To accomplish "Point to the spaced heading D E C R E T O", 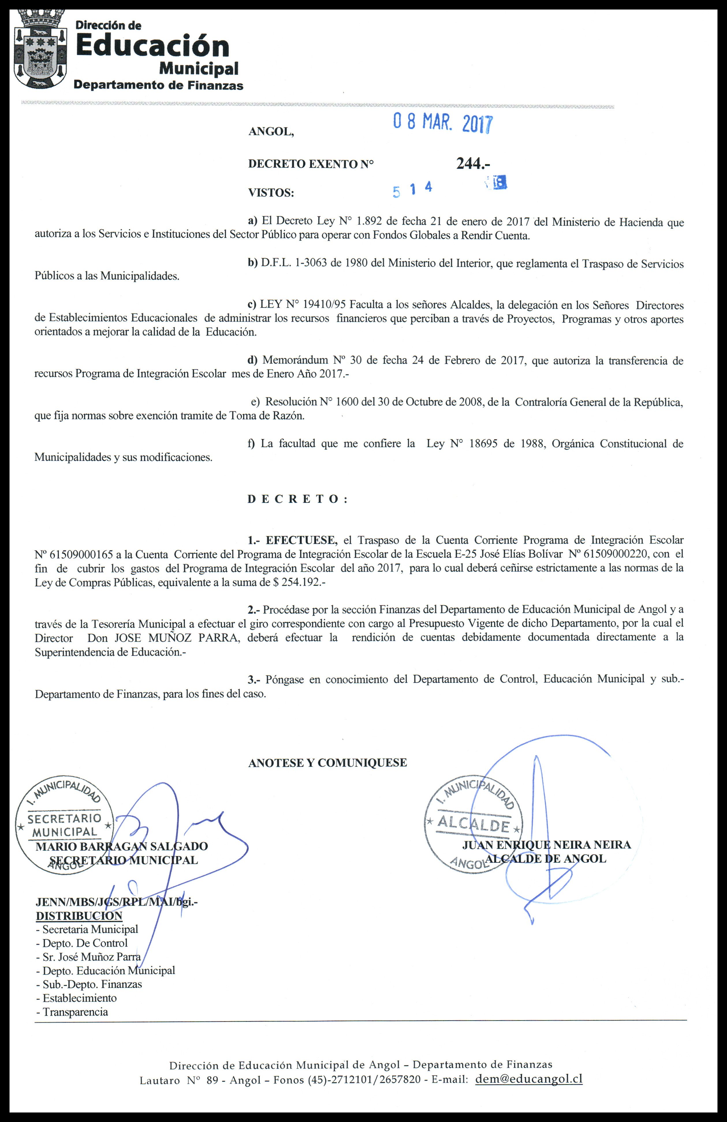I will click(x=297, y=499).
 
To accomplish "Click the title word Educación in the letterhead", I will click(x=152, y=46).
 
